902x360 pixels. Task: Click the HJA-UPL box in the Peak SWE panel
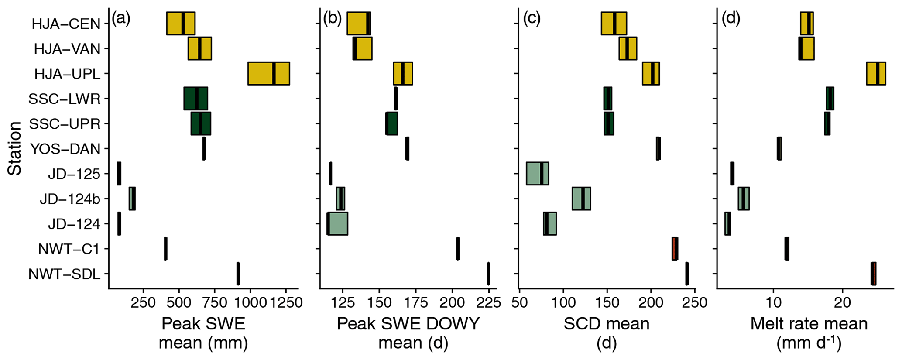coord(268,73)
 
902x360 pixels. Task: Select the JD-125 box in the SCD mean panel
coord(537,173)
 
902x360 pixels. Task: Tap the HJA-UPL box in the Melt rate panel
coord(876,73)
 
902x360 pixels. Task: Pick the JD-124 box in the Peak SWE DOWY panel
coord(337,223)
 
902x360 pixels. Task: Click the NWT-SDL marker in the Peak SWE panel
coord(238,274)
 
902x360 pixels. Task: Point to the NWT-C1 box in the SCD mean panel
coord(675,249)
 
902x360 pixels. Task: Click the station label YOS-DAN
coord(65,149)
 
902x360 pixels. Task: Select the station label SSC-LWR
coord(65,99)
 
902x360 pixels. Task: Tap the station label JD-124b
coord(70,199)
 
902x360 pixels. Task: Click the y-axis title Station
coord(15,148)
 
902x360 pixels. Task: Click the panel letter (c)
coord(532,19)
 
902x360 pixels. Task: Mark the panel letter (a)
coord(121,19)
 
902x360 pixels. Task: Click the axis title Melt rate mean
coord(809,324)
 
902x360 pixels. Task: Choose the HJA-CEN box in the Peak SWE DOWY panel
coord(359,24)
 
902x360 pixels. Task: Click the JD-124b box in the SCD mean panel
coord(581,199)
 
